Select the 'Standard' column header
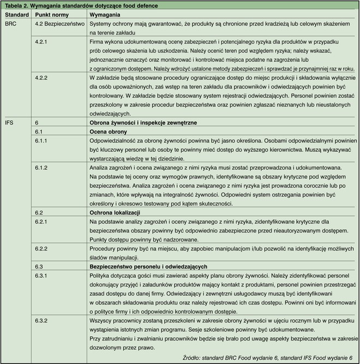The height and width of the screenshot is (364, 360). tap(16, 15)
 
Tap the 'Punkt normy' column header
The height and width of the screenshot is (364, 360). tap(53, 15)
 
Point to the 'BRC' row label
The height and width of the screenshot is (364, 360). tap(10, 25)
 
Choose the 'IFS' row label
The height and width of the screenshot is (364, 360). tap(9, 123)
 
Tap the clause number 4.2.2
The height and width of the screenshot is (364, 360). tap(41, 77)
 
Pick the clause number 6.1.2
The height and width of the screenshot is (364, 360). tap(41, 168)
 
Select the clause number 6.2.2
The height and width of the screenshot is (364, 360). tap(41, 248)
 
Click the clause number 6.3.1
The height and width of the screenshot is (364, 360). tap(41, 275)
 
